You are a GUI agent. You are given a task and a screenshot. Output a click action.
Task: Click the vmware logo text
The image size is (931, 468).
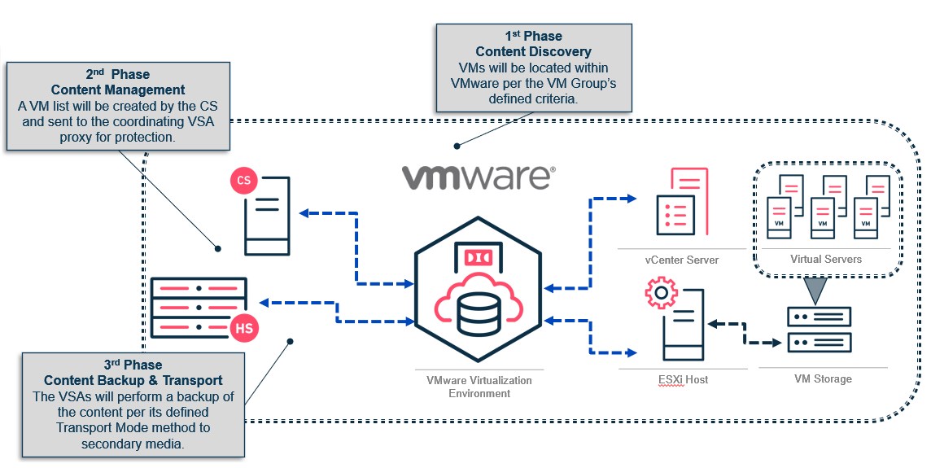click(479, 177)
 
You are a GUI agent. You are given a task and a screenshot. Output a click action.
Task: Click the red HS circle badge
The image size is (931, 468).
click(243, 327)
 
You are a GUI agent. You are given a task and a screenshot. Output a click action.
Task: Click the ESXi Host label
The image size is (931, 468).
click(681, 379)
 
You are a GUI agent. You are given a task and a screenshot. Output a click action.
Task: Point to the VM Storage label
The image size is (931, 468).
click(823, 379)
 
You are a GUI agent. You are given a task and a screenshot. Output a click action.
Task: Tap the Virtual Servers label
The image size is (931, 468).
click(825, 259)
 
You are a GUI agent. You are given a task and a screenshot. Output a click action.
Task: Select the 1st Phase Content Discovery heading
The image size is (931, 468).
click(533, 45)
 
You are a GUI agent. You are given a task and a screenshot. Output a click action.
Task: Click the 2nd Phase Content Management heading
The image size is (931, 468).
click(117, 82)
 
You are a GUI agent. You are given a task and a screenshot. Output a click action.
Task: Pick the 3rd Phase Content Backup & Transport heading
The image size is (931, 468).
click(133, 373)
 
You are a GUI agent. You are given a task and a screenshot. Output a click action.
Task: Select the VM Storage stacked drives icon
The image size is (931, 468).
click(819, 328)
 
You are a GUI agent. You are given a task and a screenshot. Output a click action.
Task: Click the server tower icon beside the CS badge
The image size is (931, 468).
click(266, 215)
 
